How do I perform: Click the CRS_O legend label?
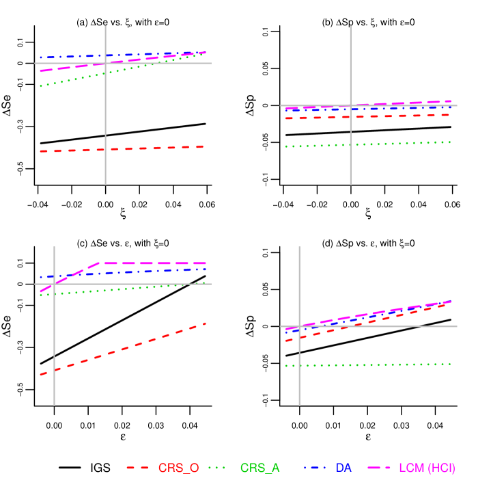(x=178, y=468)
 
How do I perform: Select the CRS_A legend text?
(x=259, y=468)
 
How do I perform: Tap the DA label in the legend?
(x=343, y=468)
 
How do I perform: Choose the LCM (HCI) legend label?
(x=427, y=468)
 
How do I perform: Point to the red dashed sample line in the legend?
(x=137, y=468)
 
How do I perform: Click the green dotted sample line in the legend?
(x=216, y=468)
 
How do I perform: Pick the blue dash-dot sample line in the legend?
(x=315, y=468)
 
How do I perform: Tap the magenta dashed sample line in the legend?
(x=379, y=468)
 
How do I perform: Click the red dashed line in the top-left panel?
(x=137, y=148)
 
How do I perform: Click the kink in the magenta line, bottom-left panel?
(x=98, y=263)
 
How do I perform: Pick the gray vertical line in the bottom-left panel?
(x=54, y=383)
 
